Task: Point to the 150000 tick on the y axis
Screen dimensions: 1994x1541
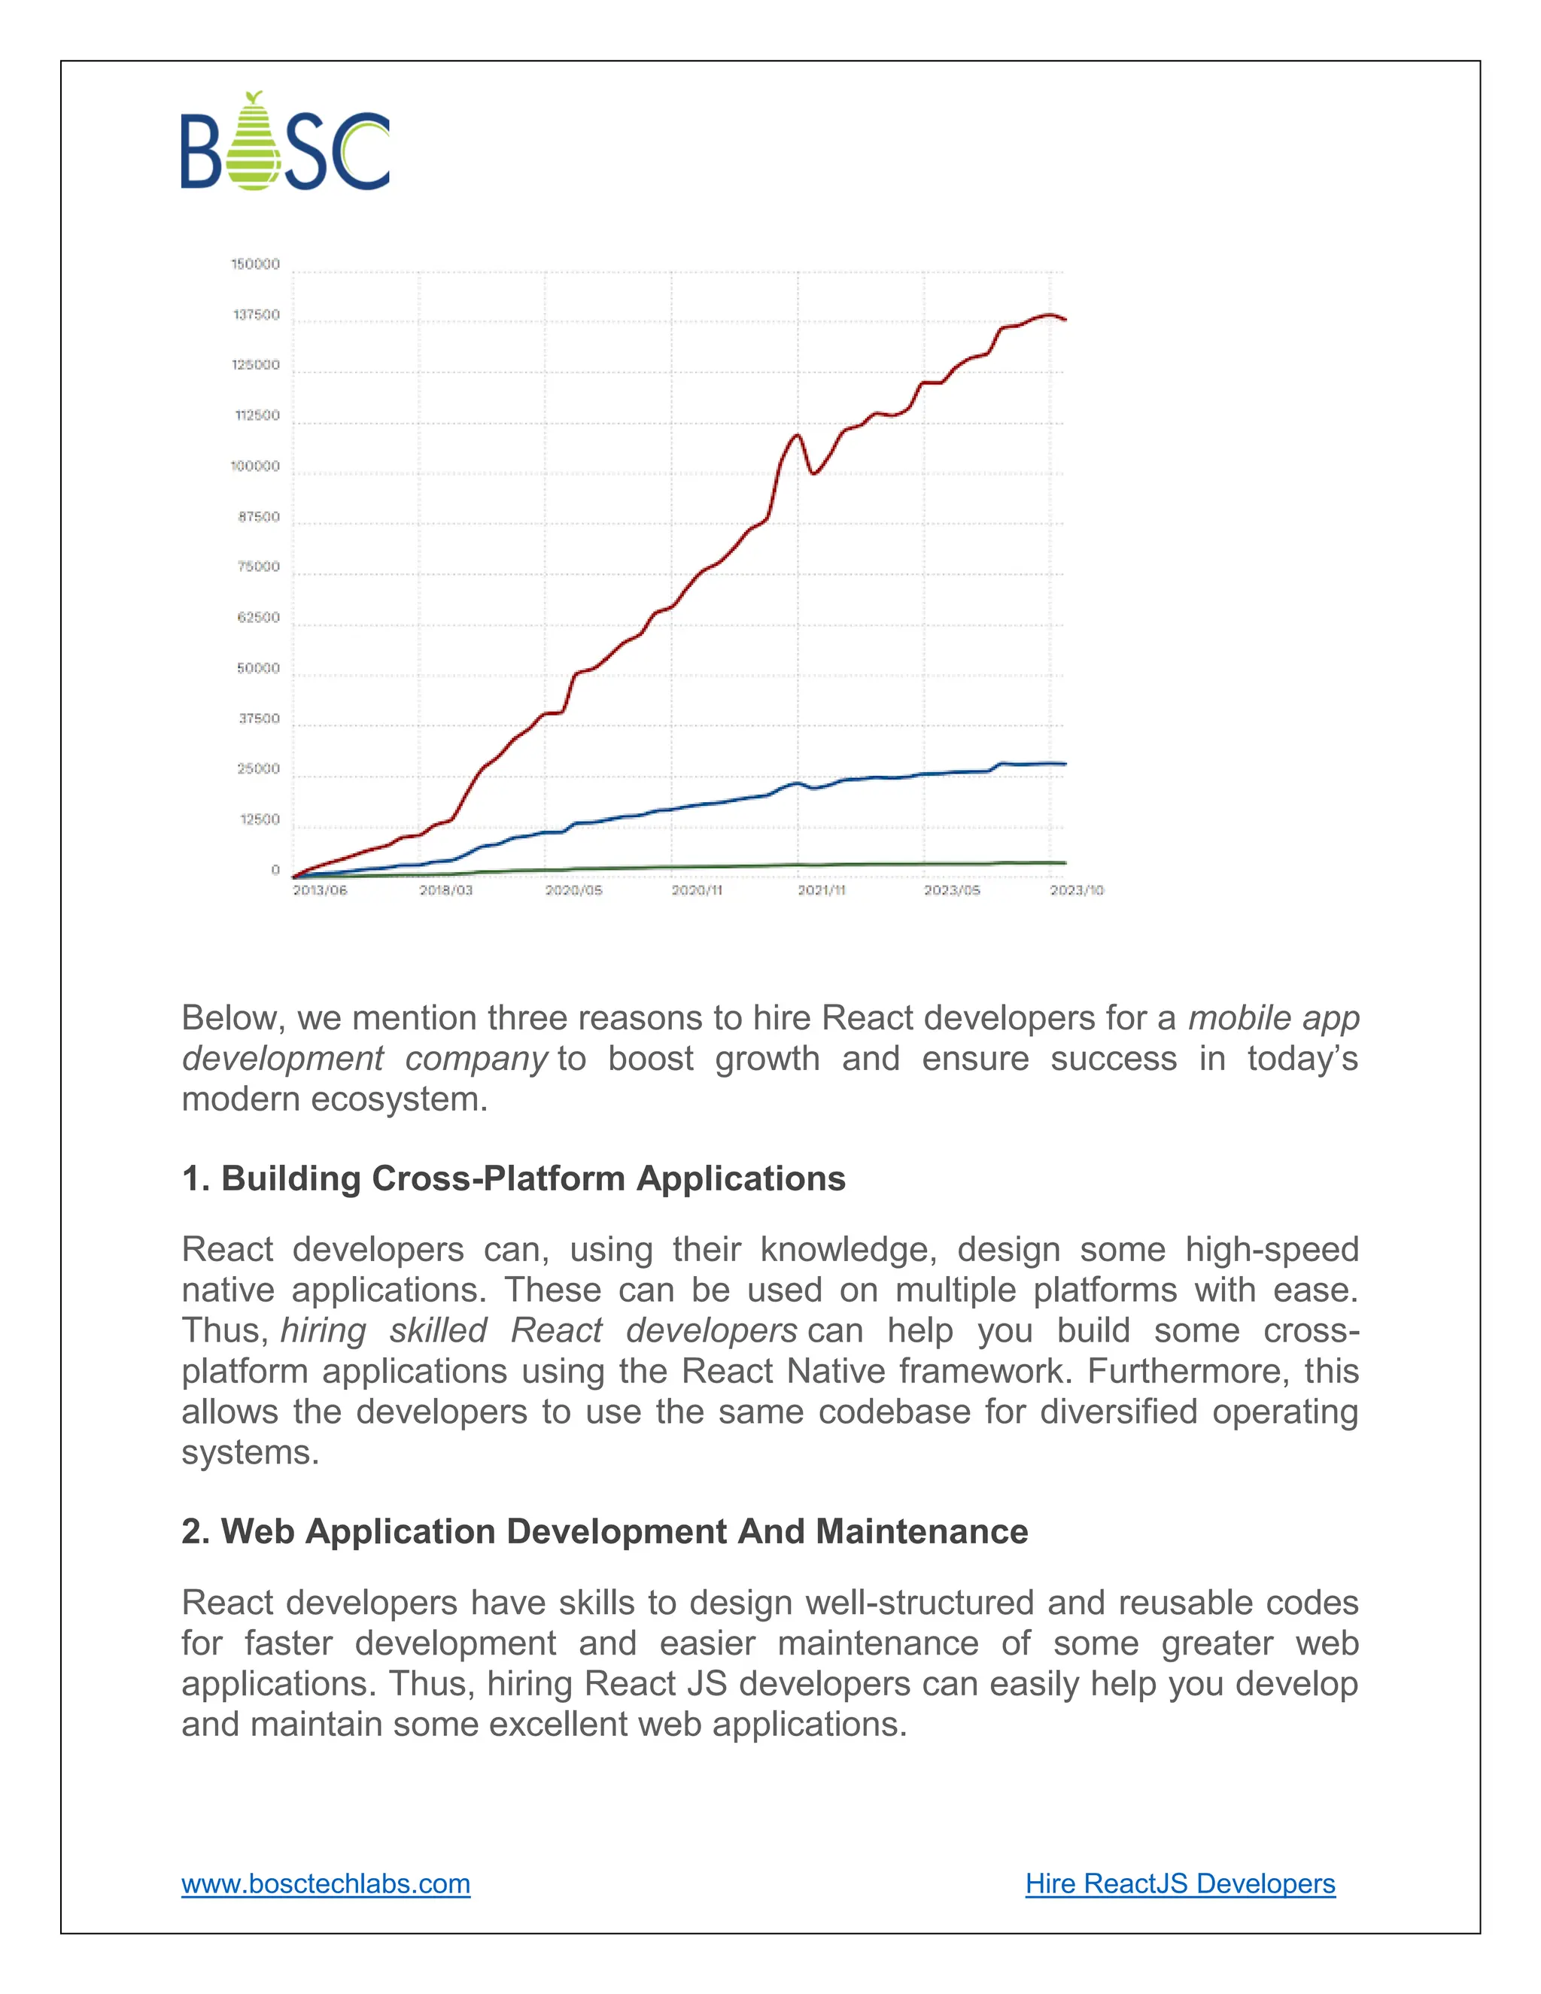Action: pyautogui.click(x=256, y=265)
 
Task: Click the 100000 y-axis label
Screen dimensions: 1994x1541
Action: pyautogui.click(x=256, y=467)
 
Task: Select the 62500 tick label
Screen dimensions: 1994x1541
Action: pyautogui.click(x=258, y=618)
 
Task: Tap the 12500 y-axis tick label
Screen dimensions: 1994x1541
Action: pyautogui.click(x=260, y=820)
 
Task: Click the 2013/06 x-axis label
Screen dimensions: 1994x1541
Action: pyautogui.click(x=320, y=890)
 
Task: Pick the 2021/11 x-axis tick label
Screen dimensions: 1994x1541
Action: pyautogui.click(x=822, y=890)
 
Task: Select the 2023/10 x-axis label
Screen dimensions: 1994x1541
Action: pyautogui.click(x=1076, y=890)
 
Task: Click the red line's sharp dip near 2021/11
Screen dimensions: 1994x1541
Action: pyautogui.click(x=813, y=473)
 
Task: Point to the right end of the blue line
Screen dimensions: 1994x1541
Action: pyautogui.click(x=1065, y=764)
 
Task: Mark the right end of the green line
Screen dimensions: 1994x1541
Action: pyautogui.click(x=1065, y=863)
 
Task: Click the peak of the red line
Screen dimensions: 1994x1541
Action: pyautogui.click(x=1048, y=315)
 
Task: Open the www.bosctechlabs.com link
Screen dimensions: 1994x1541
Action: pyautogui.click(x=326, y=1883)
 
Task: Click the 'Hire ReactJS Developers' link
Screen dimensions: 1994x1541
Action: pyautogui.click(x=1180, y=1883)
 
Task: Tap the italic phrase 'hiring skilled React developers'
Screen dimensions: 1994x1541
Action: pyautogui.click(x=539, y=1331)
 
